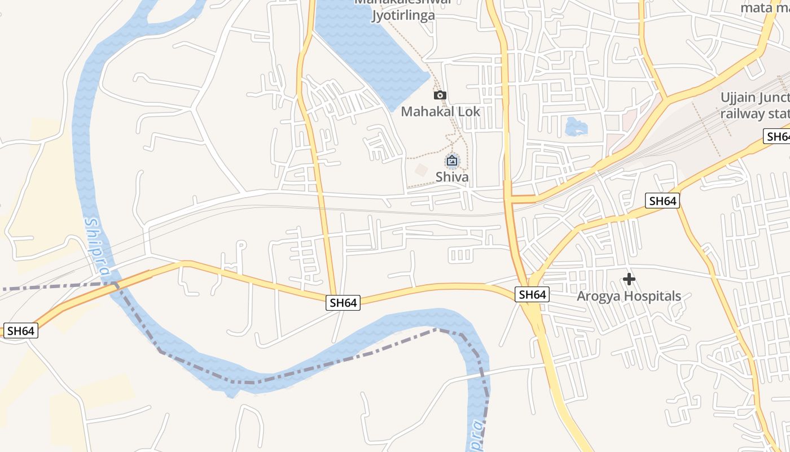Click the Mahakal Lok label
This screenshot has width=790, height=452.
coord(440,111)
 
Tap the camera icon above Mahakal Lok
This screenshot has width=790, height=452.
coord(440,95)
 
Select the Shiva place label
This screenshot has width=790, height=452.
coord(452,177)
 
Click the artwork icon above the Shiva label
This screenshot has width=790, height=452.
coord(452,161)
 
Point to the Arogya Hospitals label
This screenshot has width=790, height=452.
coord(629,296)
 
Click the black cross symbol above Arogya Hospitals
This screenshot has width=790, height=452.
coord(629,279)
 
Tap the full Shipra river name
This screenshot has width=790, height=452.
coord(96,247)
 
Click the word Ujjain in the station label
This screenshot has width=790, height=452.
coord(738,98)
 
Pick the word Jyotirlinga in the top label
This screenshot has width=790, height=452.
coord(403,15)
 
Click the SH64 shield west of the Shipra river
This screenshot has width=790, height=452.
coord(21,331)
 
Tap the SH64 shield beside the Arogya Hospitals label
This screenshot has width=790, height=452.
coord(532,294)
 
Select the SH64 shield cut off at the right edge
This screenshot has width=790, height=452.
coord(778,136)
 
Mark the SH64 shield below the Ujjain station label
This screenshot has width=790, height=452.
coord(662,201)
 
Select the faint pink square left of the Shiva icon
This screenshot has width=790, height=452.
coord(421,169)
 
